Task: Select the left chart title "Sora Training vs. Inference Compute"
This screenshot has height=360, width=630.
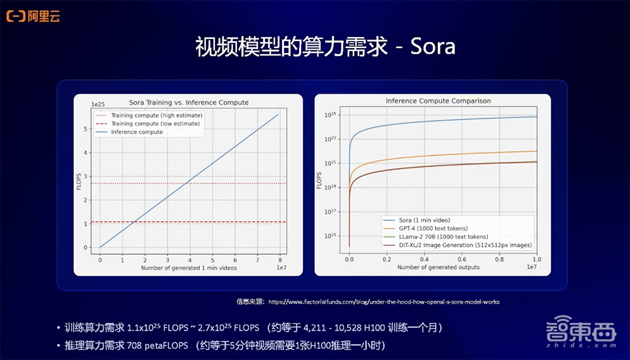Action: coord(189,102)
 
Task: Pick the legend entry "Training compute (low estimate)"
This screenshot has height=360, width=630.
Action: coord(155,124)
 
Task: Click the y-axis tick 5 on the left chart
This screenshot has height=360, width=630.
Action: coord(86,129)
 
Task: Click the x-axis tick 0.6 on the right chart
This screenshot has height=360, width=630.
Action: coord(462,259)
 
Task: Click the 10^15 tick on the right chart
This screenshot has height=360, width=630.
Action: coord(332,236)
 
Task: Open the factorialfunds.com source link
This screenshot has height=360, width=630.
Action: coord(384,302)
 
